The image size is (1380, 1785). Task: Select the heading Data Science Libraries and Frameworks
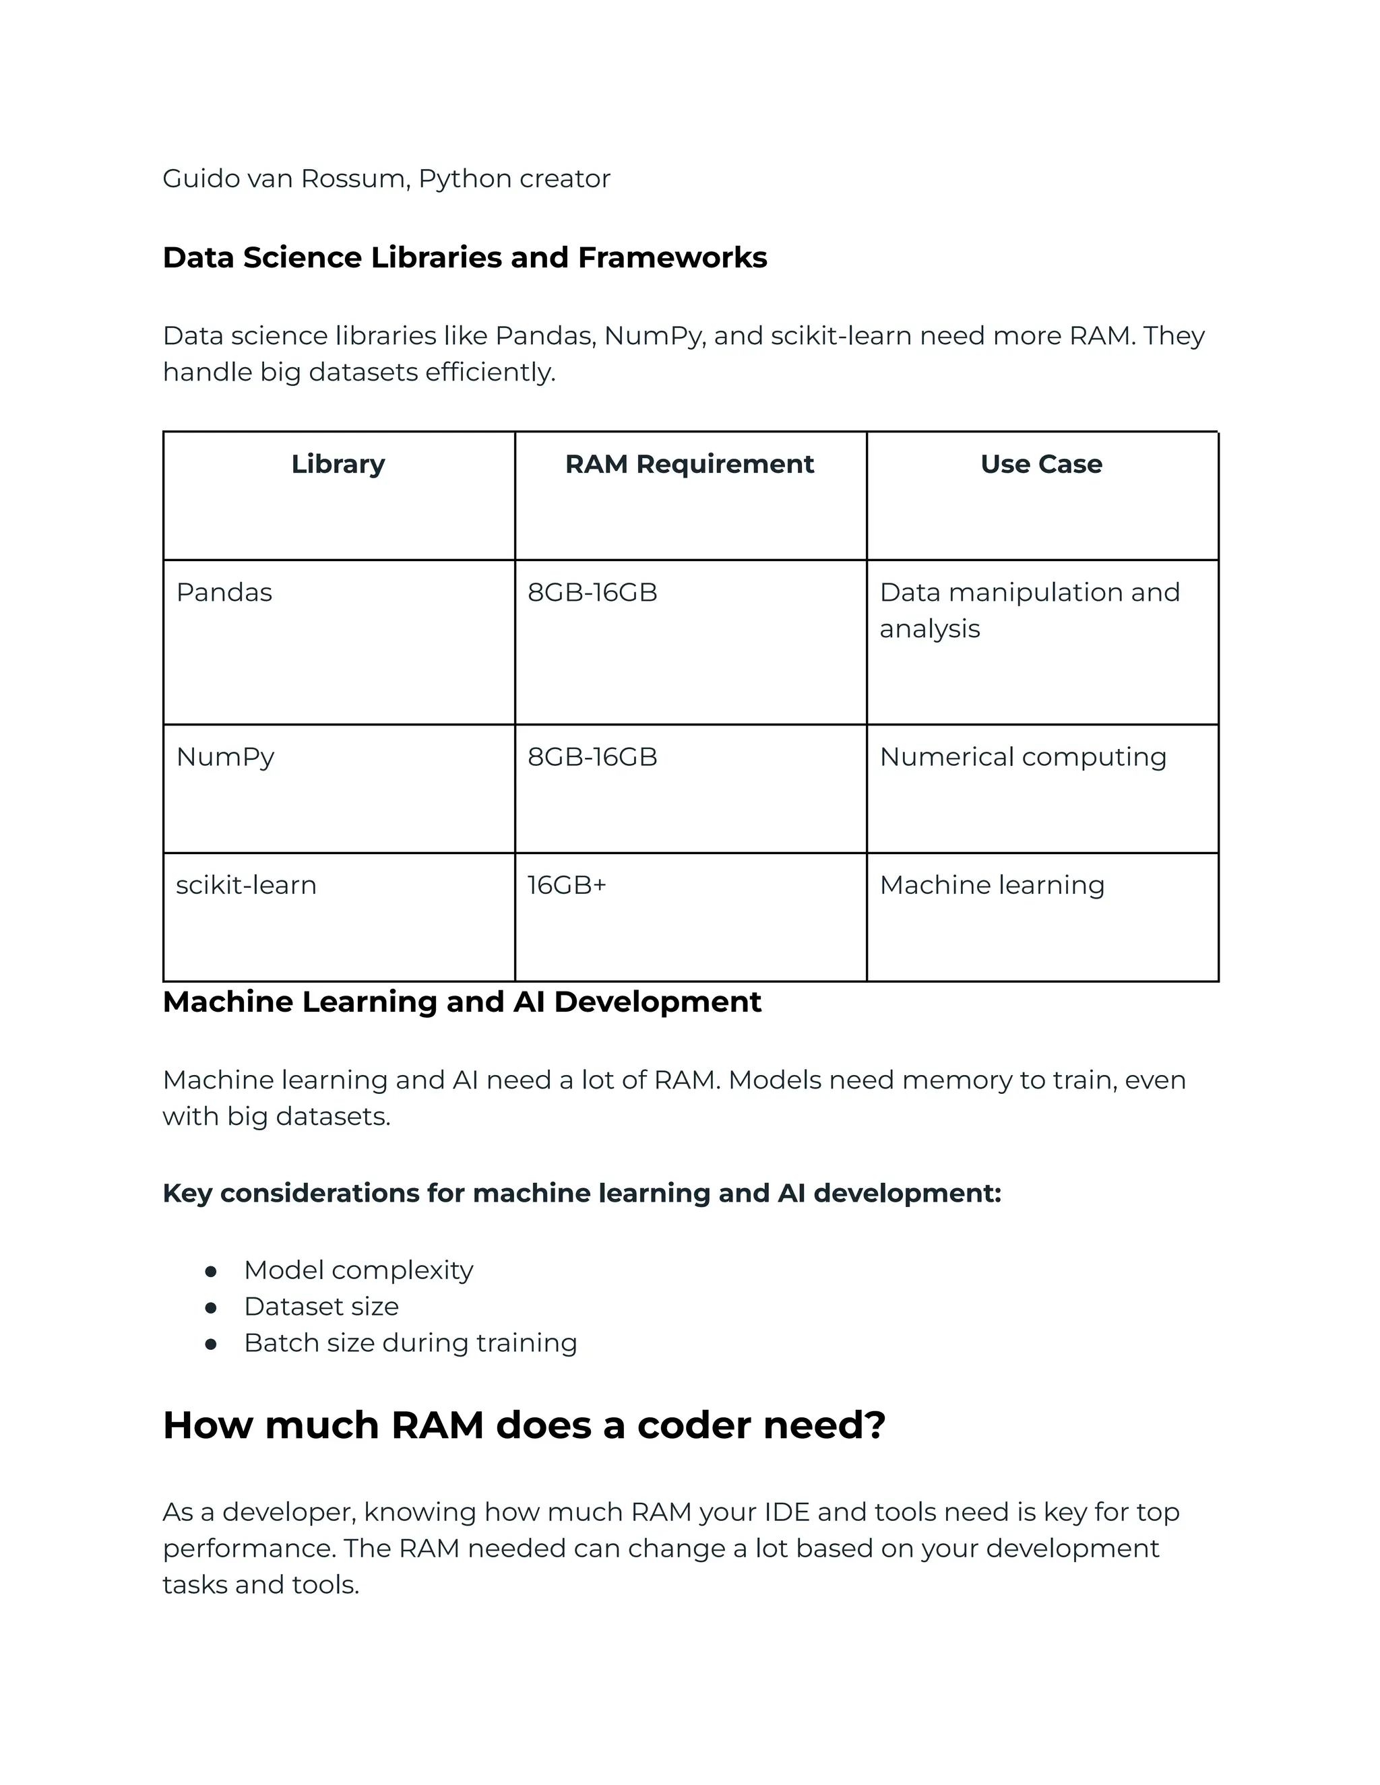(464, 257)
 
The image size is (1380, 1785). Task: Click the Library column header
(338, 464)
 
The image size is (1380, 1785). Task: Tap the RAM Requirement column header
(689, 464)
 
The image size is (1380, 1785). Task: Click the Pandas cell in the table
(224, 593)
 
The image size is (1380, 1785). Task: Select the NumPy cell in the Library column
(225, 757)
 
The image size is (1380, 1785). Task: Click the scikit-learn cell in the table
(245, 885)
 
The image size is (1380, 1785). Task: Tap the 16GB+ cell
(567, 885)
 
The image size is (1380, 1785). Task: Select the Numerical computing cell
(1022, 757)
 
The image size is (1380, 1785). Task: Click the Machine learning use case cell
(992, 885)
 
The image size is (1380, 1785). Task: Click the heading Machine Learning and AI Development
(462, 1002)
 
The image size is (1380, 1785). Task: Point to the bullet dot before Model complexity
(211, 1272)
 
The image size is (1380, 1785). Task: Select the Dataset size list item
(321, 1307)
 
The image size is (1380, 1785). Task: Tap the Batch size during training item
(410, 1343)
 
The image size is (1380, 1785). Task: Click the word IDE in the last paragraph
(786, 1512)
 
